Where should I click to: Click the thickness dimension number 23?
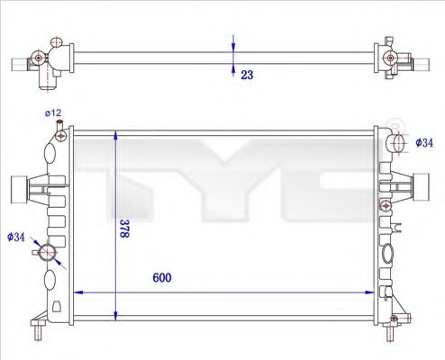pos(247,76)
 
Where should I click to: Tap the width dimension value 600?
pos(160,278)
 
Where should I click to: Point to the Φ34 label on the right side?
pos(423,142)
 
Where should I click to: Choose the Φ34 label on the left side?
pos(15,237)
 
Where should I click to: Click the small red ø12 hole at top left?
pos(60,136)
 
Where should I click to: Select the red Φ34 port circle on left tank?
pos(47,249)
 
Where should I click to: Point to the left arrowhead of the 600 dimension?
pos(77,292)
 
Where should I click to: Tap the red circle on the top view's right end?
pos(389,58)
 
